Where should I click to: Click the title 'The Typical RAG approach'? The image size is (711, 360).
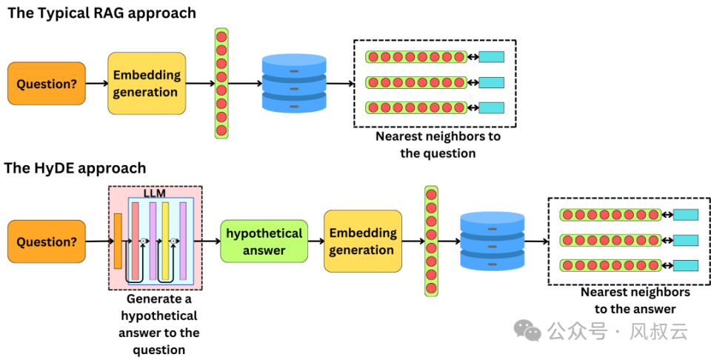(x=101, y=13)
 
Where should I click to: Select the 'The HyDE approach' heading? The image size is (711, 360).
(x=75, y=168)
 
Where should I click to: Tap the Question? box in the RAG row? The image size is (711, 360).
(x=47, y=84)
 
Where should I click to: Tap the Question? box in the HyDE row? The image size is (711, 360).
(x=47, y=241)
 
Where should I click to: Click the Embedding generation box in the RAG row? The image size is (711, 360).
(x=146, y=84)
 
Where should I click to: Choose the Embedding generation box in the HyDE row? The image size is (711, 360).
(x=362, y=241)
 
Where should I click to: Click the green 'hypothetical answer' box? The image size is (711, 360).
(x=264, y=241)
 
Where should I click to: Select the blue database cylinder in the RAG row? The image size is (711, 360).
(x=294, y=83)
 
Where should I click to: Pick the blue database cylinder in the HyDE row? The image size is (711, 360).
(x=492, y=241)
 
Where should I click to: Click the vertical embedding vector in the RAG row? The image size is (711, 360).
(x=221, y=83)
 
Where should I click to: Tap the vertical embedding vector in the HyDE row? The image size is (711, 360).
(x=431, y=241)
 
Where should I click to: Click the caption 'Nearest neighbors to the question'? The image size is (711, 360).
(x=438, y=144)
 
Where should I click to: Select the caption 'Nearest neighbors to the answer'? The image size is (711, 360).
(x=635, y=300)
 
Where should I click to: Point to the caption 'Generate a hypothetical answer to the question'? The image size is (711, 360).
(x=158, y=324)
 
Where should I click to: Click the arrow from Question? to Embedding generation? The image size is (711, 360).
(x=96, y=84)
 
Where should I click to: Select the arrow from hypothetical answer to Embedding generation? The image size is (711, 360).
(x=316, y=241)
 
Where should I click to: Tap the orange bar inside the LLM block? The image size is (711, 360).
(x=118, y=240)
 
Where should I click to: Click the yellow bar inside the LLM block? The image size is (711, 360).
(x=165, y=240)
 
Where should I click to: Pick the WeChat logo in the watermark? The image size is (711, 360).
(x=528, y=330)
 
